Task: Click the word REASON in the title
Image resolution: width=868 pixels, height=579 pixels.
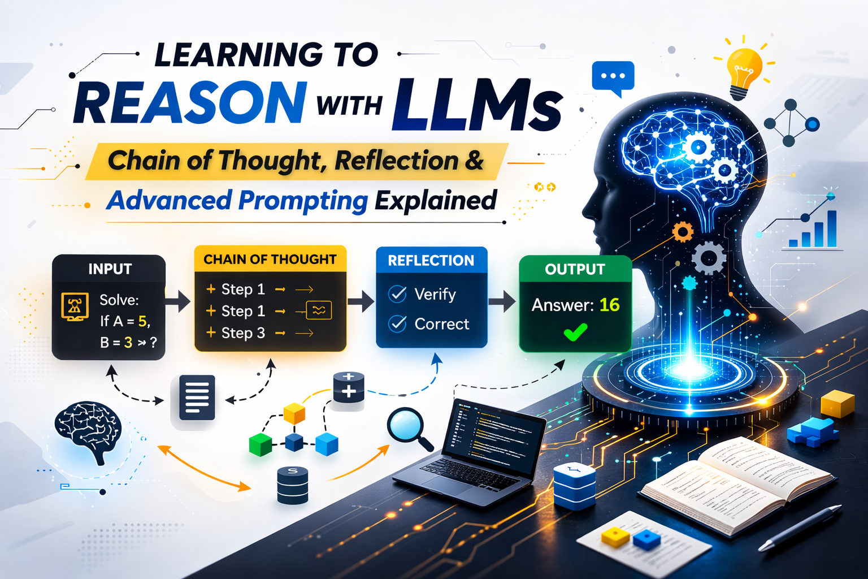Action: tap(190, 103)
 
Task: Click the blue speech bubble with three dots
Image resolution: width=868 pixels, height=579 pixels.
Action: tap(613, 77)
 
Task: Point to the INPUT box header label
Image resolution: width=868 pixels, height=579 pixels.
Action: tap(110, 269)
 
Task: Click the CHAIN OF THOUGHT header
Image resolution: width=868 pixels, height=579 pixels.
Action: tap(270, 260)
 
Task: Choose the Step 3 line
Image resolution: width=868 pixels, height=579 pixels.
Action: tap(243, 333)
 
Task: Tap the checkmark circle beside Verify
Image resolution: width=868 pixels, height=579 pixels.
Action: tap(397, 294)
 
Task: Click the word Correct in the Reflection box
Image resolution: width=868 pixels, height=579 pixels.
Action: tap(442, 324)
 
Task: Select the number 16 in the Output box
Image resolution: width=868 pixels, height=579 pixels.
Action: tap(610, 305)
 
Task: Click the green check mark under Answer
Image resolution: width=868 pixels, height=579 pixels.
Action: tap(575, 332)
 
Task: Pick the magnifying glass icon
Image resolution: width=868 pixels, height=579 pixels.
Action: tap(409, 427)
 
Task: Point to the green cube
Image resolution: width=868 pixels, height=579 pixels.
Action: tap(261, 444)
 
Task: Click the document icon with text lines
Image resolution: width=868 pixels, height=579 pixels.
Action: tap(196, 397)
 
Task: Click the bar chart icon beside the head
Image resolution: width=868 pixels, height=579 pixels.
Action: tap(814, 231)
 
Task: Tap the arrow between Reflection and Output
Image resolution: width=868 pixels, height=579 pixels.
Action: tap(502, 301)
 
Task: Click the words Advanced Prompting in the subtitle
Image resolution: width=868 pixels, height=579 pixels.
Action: tap(237, 201)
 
